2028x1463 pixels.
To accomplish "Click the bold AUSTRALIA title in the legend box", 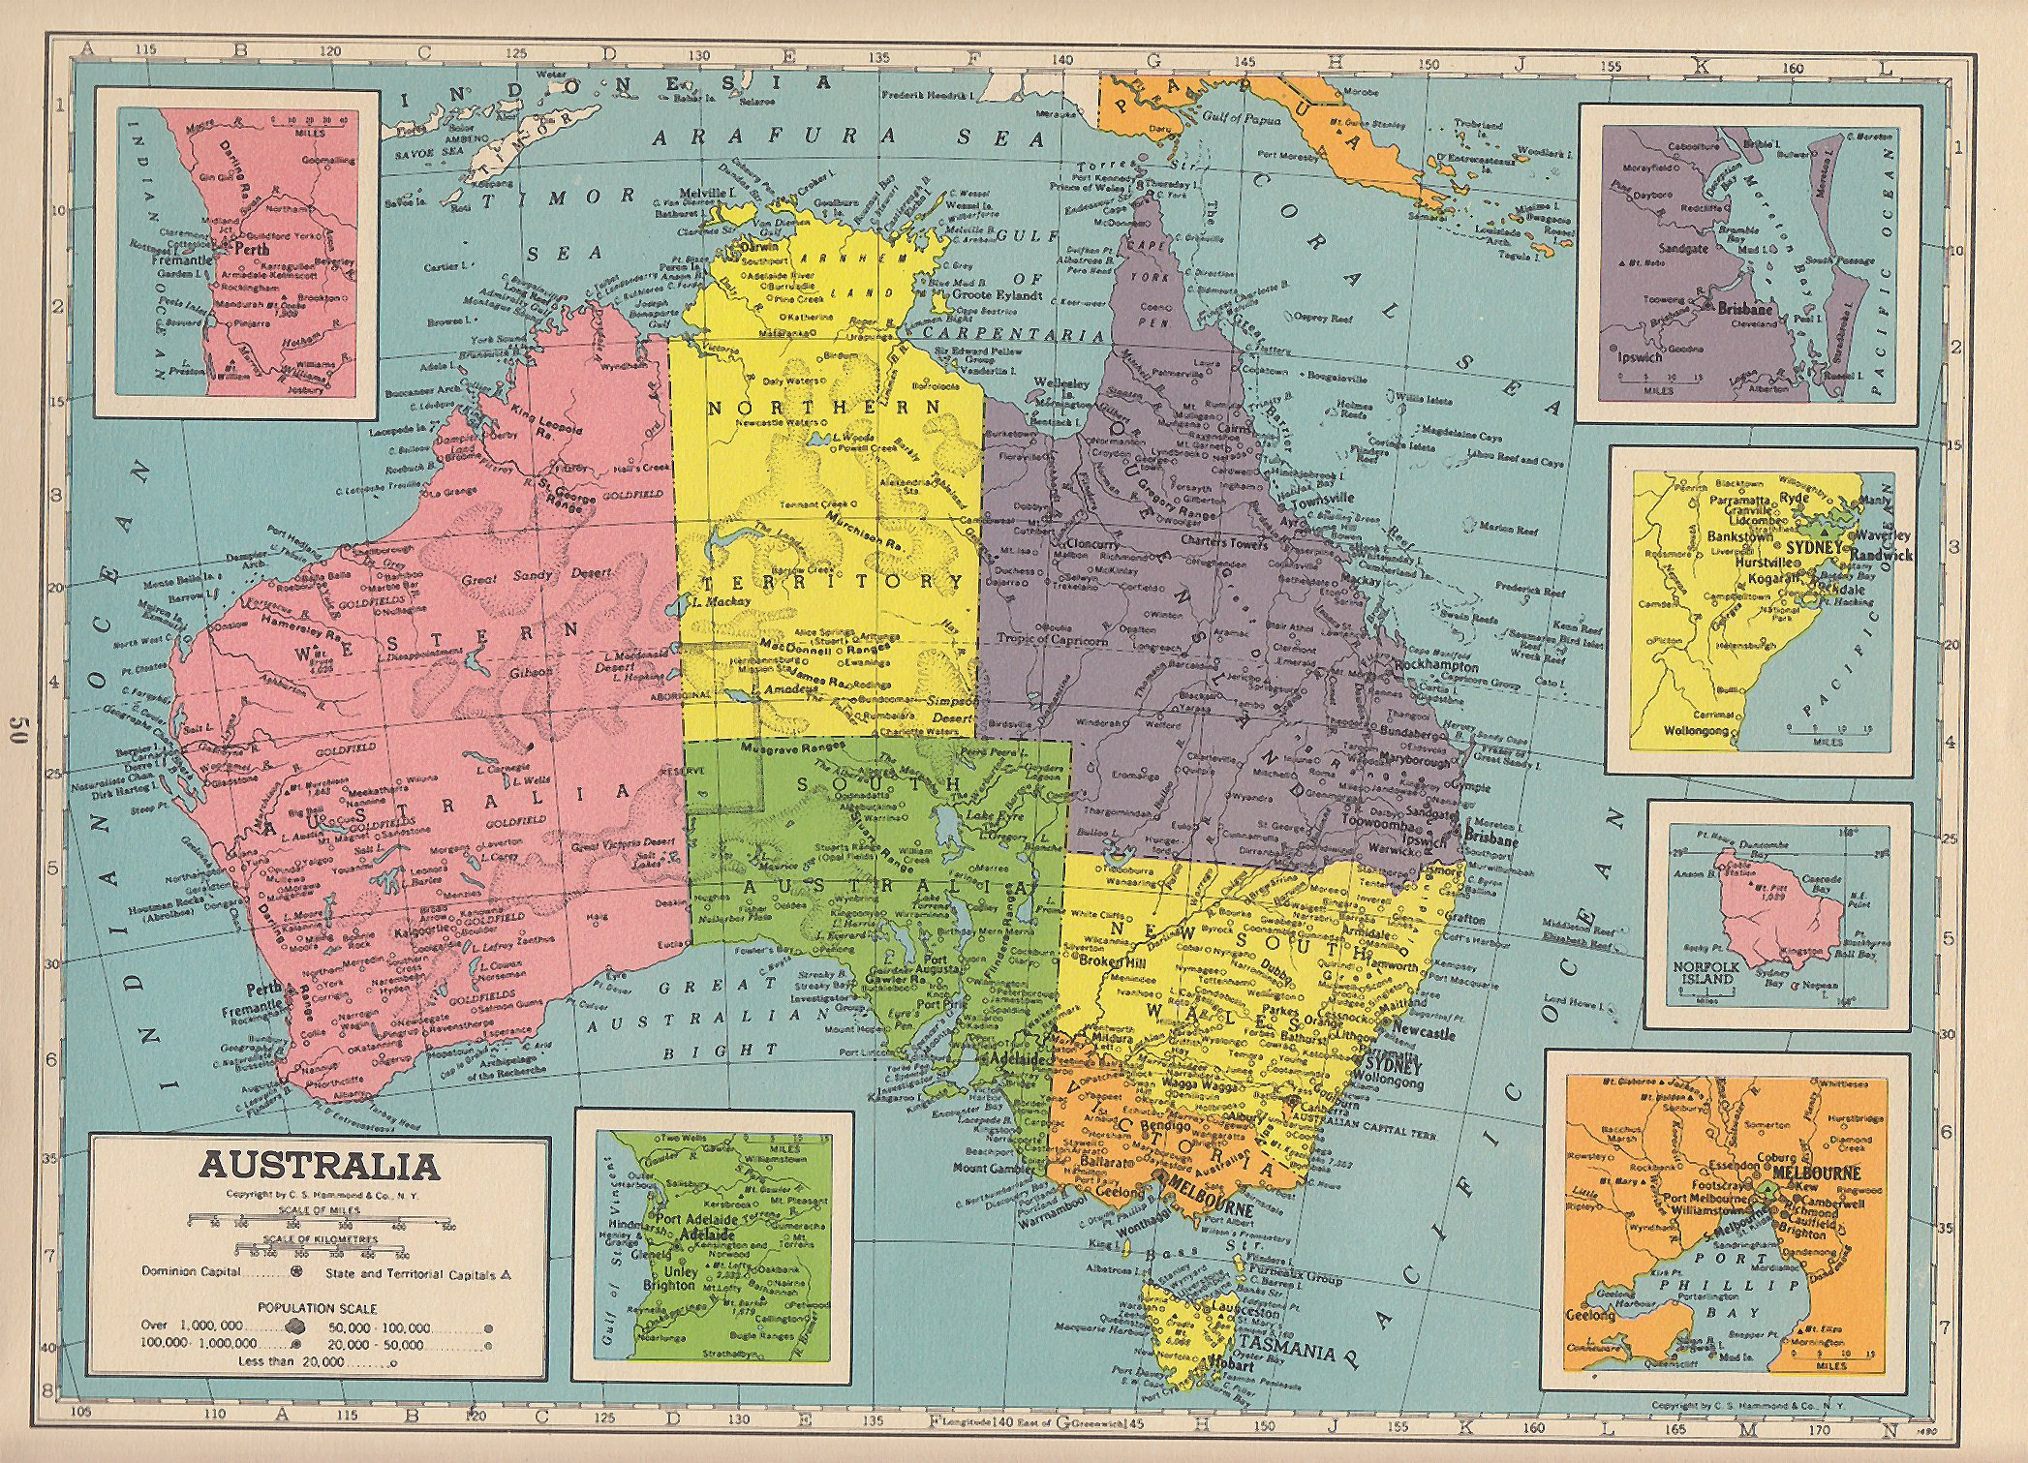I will click(319, 1166).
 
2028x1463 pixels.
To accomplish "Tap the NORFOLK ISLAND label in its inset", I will click(1705, 973).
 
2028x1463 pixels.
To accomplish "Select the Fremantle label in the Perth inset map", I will click(183, 260).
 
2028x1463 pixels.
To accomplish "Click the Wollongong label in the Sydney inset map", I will click(1697, 731).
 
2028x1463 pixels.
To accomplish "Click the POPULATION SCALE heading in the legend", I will click(318, 1308).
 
